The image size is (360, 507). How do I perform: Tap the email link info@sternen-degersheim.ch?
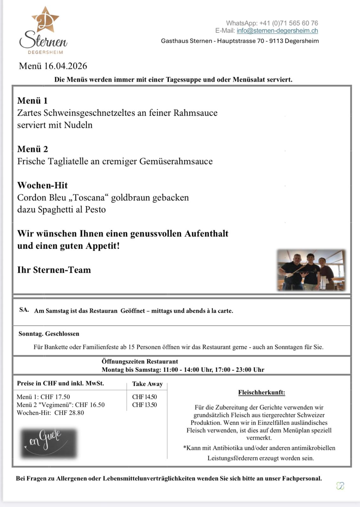coord(277,31)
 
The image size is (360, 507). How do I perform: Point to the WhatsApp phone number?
coord(288,23)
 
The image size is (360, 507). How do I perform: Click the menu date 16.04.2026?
coord(65,66)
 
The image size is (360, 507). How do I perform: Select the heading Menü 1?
coord(32,101)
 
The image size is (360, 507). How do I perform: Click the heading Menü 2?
coord(32,149)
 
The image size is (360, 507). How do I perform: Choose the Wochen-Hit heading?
coord(43,185)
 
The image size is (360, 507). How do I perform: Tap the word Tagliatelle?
coord(68,161)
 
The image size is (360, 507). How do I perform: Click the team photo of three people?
coord(311,270)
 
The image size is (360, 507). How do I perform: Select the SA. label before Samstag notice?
coord(24,310)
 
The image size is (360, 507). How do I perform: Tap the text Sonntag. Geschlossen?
coord(49,334)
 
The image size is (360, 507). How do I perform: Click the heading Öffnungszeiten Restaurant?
coord(140,362)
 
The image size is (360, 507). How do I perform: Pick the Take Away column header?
coord(147,384)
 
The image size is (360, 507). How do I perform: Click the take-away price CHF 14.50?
coord(144,397)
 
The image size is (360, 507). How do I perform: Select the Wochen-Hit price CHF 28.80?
coord(69,413)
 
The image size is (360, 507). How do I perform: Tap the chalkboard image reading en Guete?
coord(49,443)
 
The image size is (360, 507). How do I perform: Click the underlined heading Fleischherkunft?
coord(261,393)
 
